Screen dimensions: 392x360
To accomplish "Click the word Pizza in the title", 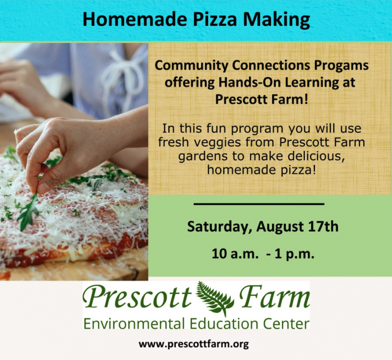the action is coord(215,20).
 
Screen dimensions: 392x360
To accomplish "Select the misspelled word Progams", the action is coord(341,66).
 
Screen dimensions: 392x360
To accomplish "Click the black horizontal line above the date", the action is coord(259,204).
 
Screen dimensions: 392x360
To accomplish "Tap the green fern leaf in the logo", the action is coord(216,298).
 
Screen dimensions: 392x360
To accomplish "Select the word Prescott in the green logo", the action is coord(137,297).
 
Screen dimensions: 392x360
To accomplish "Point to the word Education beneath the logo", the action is coord(224,324).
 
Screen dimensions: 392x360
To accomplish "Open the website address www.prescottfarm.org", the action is coord(194,344).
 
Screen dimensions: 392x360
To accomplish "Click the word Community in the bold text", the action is coord(192,66).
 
